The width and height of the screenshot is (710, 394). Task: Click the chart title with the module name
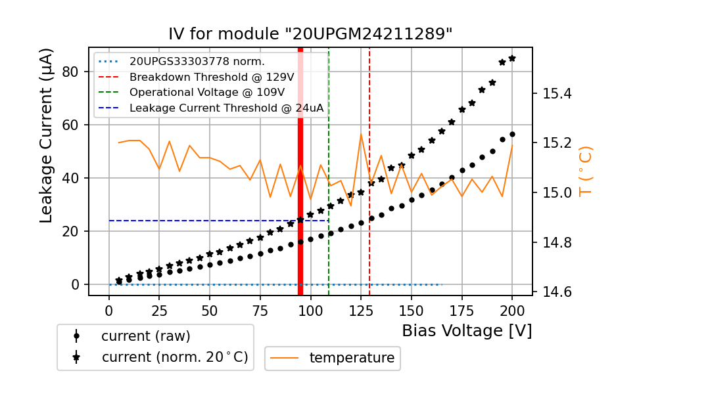coord(310,34)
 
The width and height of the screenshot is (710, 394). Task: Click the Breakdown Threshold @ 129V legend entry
coord(211,77)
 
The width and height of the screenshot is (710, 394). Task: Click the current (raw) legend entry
coord(145,336)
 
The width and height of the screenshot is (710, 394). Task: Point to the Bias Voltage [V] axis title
coord(467,330)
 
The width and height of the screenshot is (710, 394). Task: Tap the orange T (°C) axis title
coord(584,171)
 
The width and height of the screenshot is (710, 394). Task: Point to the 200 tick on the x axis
coord(512,310)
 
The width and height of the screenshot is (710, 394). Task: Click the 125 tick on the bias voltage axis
coord(361,310)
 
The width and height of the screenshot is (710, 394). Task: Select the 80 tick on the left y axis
coord(71,72)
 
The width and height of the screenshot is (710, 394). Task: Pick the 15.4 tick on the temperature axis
coord(557,93)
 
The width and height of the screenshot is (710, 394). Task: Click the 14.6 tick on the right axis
coord(557,292)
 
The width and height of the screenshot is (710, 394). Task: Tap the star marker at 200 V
coord(512,58)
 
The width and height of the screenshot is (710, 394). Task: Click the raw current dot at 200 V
coord(512,134)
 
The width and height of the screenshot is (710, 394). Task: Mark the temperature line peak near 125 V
coord(361,135)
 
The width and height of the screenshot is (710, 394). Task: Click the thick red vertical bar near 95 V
coord(300,171)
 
